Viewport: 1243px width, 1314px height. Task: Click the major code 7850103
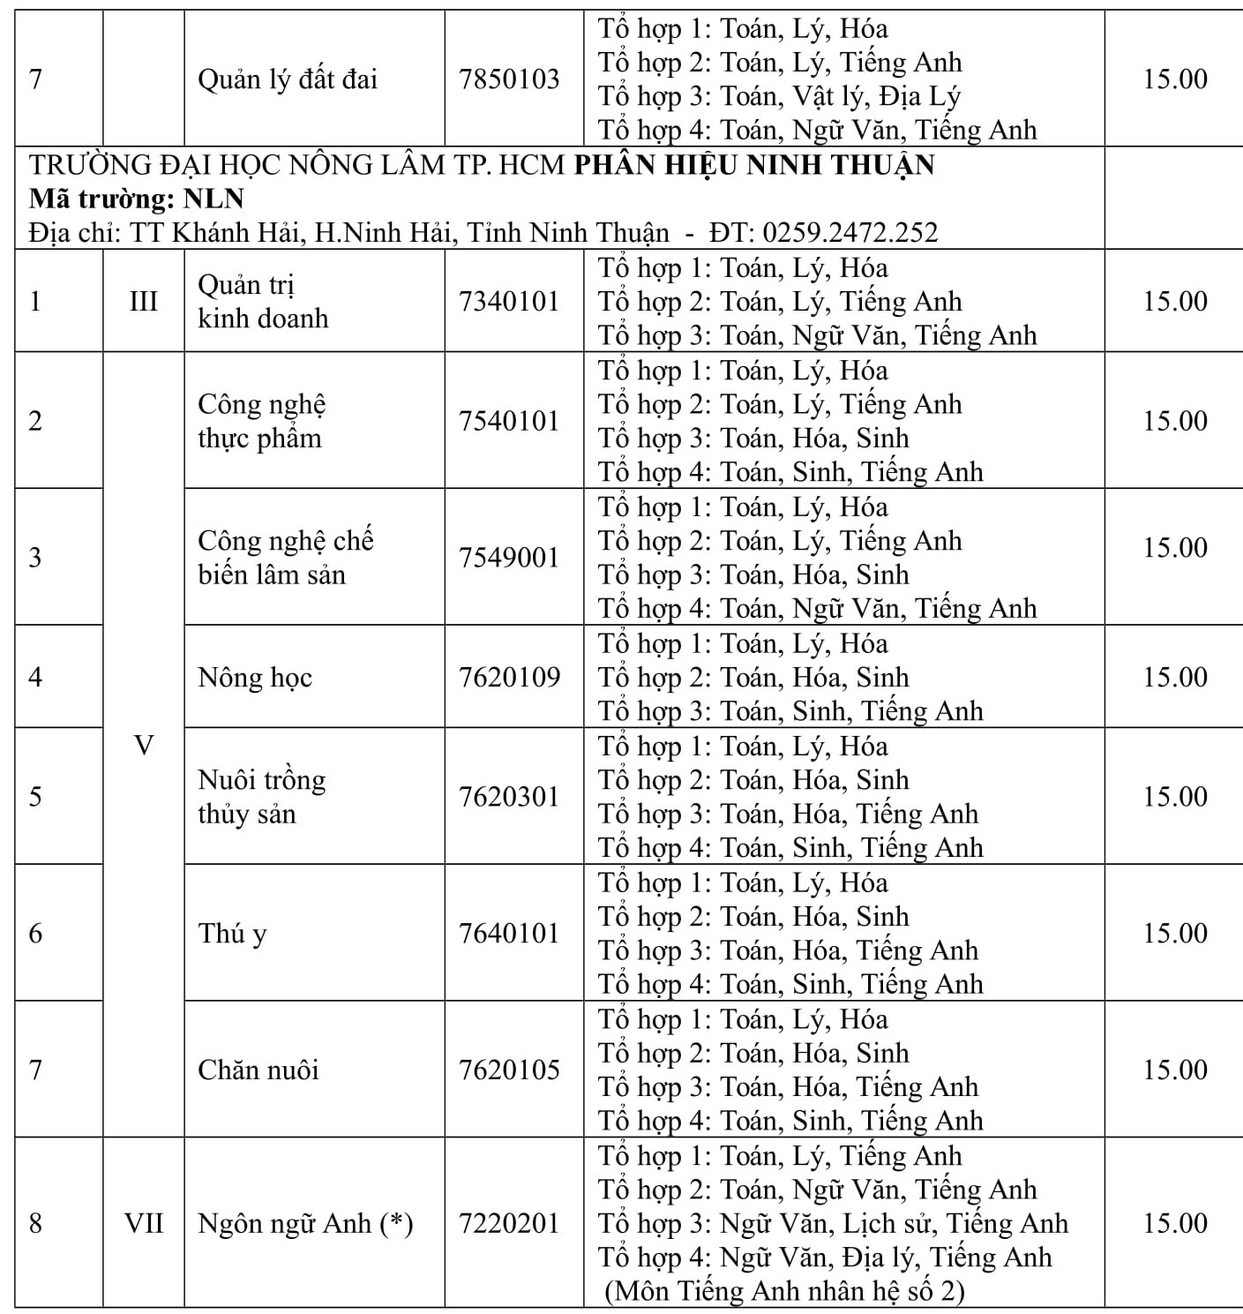pos(509,79)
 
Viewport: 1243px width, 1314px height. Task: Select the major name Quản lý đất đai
pos(287,79)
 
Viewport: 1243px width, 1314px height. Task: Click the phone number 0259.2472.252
pos(850,232)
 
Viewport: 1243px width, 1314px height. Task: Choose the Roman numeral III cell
pos(143,301)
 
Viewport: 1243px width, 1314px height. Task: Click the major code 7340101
pos(509,301)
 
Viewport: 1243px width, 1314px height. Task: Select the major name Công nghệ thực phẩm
pos(261,421)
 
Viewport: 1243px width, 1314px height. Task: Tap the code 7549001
pos(509,558)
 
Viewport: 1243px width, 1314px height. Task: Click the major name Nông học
pos(255,678)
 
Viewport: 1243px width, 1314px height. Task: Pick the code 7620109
pos(509,678)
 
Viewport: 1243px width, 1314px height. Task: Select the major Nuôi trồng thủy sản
pos(261,797)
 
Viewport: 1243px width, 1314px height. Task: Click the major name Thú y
pos(232,934)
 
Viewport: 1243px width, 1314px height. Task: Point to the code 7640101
pos(509,934)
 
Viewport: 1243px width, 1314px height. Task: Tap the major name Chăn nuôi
pos(258,1070)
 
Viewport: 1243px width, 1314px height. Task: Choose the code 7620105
pos(509,1070)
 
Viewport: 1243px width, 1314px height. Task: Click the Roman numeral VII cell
pos(143,1224)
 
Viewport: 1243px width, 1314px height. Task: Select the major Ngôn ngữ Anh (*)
pos(305,1224)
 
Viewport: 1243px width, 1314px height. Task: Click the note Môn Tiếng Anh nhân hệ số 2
pos(785,1291)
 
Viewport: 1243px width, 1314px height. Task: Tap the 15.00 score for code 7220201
pos(1175,1224)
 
